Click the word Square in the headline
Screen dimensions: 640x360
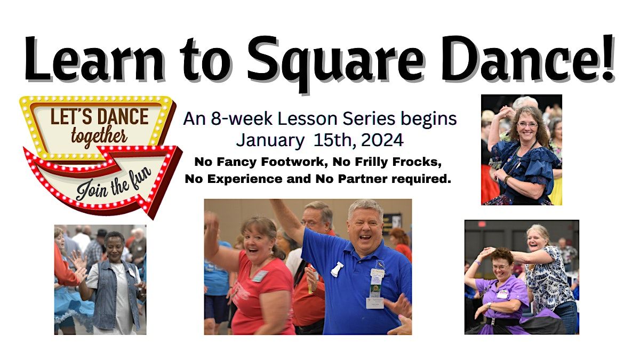coord(335,61)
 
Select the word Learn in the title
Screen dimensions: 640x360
coord(95,59)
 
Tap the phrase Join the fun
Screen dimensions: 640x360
coord(114,183)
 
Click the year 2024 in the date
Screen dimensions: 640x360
coord(382,140)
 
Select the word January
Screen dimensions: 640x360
coord(270,141)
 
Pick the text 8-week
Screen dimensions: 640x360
coord(242,118)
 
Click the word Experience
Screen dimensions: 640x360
coord(245,179)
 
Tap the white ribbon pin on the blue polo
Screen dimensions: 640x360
coord(337,269)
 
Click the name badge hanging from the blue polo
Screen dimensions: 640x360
coord(375,302)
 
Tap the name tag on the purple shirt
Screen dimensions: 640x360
coord(503,294)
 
